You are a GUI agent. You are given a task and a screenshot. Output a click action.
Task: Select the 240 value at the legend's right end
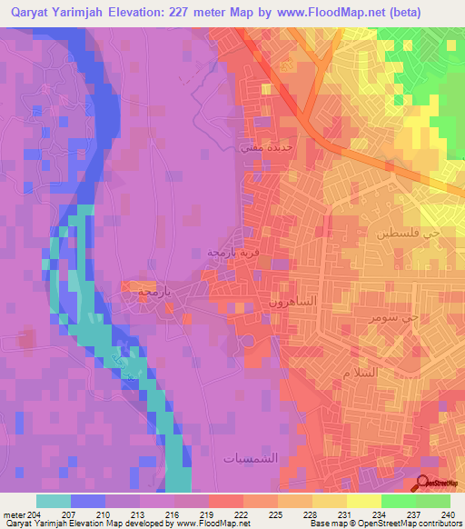click(448, 514)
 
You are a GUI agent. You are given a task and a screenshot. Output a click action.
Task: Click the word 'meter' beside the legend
click(13, 514)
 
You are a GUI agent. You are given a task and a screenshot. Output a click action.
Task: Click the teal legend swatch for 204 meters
click(53, 501)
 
